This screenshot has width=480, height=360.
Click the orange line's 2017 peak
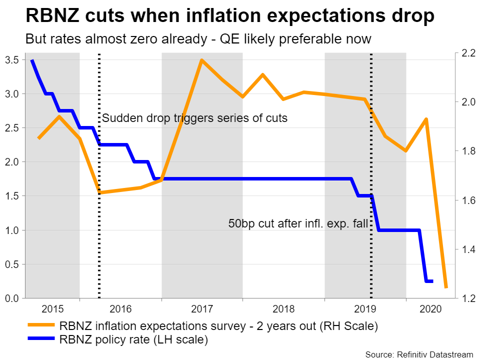coord(201,60)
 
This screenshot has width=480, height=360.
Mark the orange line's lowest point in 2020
coord(446,287)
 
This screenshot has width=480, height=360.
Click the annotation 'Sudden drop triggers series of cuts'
coord(195,118)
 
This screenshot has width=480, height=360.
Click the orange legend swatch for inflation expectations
coord(40,326)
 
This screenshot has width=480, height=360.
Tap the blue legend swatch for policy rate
coord(40,340)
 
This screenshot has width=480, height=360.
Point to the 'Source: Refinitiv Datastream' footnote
coord(419,354)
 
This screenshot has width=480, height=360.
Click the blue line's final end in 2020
coord(432,281)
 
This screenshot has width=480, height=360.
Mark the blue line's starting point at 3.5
coord(32,60)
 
